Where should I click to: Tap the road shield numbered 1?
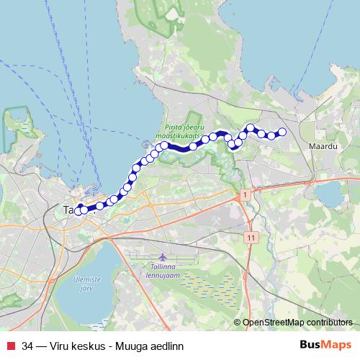tap(246, 195)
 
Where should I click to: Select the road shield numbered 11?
tap(250, 236)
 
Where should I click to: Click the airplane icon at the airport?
tap(161, 257)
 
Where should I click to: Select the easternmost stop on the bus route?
tap(282, 131)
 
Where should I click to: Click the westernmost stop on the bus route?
tap(78, 211)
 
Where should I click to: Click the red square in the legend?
tap(10, 346)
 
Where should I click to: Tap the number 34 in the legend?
tap(27, 346)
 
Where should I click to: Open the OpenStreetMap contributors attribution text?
tap(297, 323)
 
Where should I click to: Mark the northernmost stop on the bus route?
tap(251, 127)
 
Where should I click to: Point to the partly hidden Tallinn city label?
tap(70, 210)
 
